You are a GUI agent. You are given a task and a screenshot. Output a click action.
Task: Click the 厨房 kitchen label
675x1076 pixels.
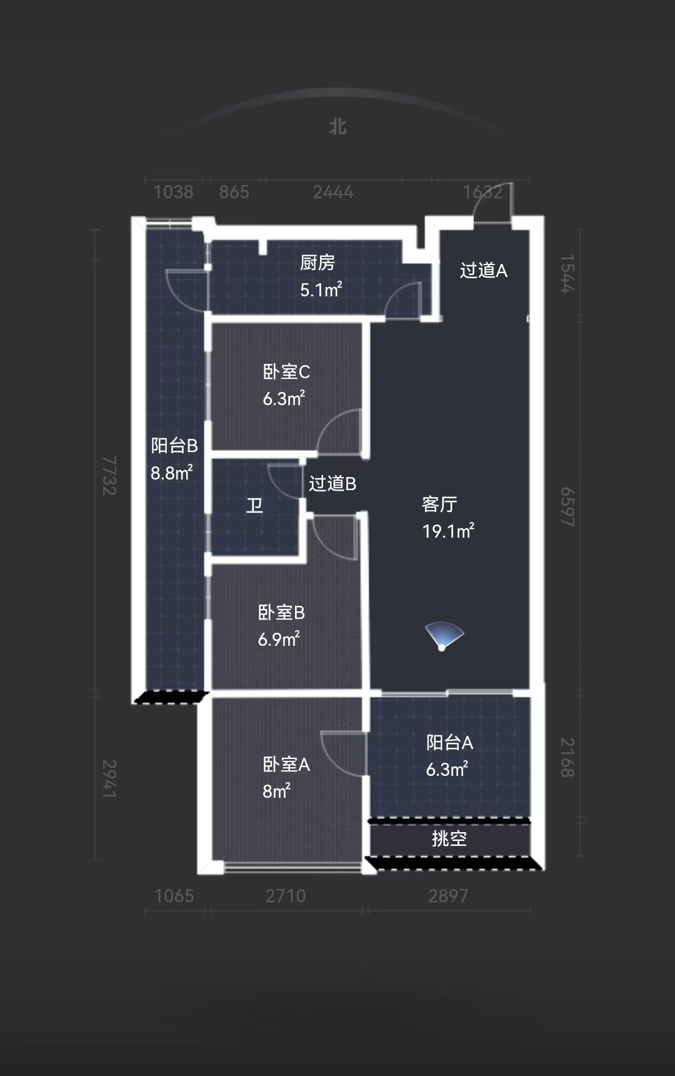pyautogui.click(x=317, y=263)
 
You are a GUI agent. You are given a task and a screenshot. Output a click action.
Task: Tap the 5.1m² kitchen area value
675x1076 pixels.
pyautogui.click(x=321, y=289)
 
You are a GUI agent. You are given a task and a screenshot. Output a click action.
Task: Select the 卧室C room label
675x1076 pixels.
pyautogui.click(x=286, y=372)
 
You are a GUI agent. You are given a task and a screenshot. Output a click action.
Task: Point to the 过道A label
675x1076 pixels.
pyautogui.click(x=484, y=270)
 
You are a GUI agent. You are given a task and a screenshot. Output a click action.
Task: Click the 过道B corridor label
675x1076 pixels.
pyautogui.click(x=332, y=483)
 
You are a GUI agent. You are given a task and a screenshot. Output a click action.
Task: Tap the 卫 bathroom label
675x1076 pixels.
pyautogui.click(x=254, y=505)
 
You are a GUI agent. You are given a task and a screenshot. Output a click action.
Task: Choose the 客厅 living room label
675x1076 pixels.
pyautogui.click(x=440, y=504)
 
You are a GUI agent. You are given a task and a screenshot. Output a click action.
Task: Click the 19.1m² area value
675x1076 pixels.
pyautogui.click(x=448, y=531)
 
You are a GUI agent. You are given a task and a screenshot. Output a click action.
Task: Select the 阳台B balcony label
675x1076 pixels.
pyautogui.click(x=174, y=446)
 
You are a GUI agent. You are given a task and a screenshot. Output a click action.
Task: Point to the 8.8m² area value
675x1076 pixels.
pyautogui.click(x=172, y=473)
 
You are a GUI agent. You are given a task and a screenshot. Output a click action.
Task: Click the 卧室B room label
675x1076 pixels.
pyautogui.click(x=281, y=613)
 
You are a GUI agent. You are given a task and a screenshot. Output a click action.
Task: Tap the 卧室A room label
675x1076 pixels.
pyautogui.click(x=286, y=765)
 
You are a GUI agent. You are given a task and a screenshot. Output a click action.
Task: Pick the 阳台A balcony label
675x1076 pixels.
pyautogui.click(x=450, y=743)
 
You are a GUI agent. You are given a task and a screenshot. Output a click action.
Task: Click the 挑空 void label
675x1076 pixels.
pyautogui.click(x=449, y=838)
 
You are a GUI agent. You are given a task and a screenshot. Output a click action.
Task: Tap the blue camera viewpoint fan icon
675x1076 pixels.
pyautogui.click(x=444, y=636)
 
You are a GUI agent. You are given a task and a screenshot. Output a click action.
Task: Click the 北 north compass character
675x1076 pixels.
pyautogui.click(x=338, y=127)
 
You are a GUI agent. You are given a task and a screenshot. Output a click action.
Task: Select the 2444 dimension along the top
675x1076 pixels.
pyautogui.click(x=333, y=192)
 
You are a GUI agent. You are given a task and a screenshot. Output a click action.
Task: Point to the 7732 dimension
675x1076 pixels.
pyautogui.click(x=109, y=476)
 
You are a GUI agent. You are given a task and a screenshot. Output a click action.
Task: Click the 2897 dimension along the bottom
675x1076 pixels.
pyautogui.click(x=448, y=896)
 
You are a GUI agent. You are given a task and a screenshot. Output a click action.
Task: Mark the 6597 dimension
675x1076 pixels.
pyautogui.click(x=567, y=507)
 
